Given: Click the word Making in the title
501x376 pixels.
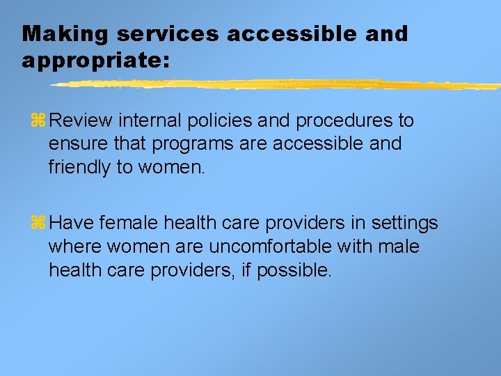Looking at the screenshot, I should [56, 34].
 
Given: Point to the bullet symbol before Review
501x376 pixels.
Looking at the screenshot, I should [38, 121].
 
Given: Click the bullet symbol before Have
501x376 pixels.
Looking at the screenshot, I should [38, 224].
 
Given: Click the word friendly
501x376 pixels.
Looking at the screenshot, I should [78, 167].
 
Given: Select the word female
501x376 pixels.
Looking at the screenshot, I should [128, 224].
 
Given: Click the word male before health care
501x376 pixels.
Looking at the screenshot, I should [399, 247].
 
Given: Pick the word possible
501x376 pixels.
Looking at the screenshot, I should [295, 270].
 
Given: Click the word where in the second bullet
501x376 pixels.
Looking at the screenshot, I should [72, 247].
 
